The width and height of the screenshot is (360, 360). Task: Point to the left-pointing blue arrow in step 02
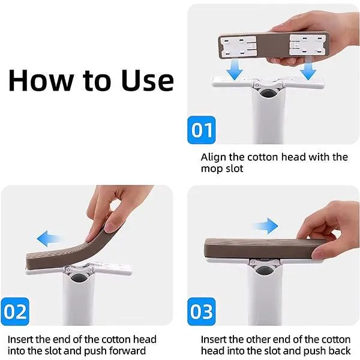click(x=50, y=239)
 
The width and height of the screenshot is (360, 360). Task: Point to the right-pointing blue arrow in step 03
click(x=265, y=227)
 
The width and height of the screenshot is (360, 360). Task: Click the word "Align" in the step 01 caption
click(x=213, y=157)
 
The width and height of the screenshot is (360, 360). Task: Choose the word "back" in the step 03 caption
click(x=338, y=351)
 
